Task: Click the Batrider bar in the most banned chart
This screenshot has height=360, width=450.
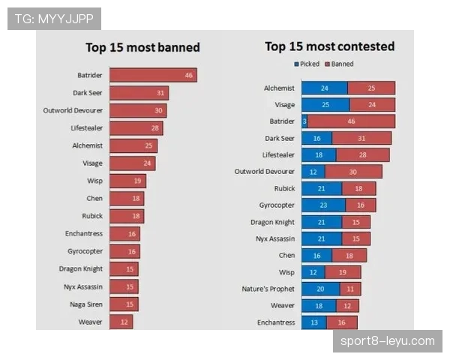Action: click(x=153, y=75)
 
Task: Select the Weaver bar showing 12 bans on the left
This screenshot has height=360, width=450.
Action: click(x=121, y=322)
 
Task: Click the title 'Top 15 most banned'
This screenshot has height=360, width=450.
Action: click(x=142, y=47)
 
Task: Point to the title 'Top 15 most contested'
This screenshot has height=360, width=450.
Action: click(x=329, y=46)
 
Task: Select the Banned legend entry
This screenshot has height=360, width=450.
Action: click(x=341, y=64)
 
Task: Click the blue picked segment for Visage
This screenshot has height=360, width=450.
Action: click(x=324, y=105)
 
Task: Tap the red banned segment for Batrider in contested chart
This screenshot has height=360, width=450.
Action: click(x=351, y=121)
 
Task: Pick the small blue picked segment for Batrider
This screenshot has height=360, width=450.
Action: click(x=304, y=121)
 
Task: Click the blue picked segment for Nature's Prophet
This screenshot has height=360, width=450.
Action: click(x=320, y=289)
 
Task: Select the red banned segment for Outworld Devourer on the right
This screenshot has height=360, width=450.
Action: click(x=353, y=172)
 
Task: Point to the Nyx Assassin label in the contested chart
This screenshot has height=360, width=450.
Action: click(x=273, y=238)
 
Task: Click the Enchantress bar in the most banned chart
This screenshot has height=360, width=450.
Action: click(x=124, y=233)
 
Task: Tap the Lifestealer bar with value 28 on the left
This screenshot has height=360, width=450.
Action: click(x=136, y=128)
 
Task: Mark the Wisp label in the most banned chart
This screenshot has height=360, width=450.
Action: click(x=94, y=181)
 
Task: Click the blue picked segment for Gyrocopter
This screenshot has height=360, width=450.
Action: click(x=323, y=205)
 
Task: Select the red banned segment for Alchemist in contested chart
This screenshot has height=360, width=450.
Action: click(x=371, y=88)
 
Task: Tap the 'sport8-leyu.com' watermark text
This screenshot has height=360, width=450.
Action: click(x=386, y=341)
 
